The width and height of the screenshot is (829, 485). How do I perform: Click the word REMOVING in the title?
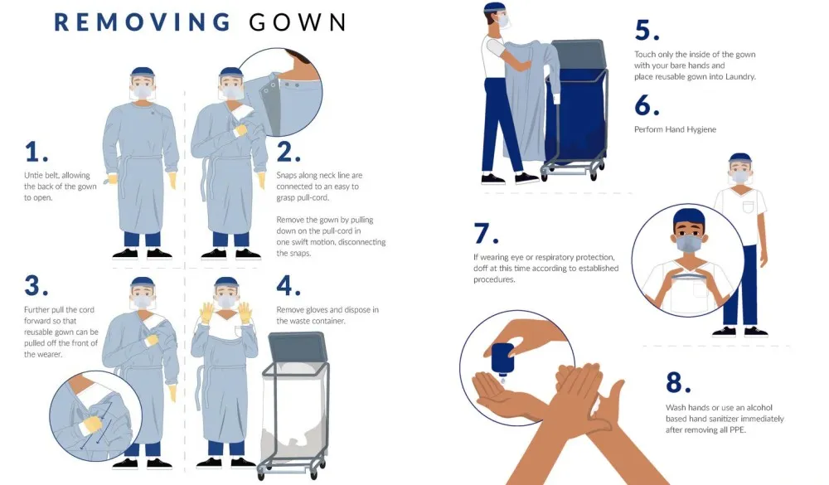(x=143, y=22)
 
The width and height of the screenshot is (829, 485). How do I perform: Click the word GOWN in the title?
(x=298, y=22)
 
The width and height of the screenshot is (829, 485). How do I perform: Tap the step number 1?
(x=36, y=152)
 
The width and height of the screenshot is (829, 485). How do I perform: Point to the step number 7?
(x=488, y=233)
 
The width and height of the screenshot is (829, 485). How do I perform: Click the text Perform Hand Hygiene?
(x=675, y=129)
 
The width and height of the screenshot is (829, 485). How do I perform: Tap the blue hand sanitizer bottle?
(x=502, y=357)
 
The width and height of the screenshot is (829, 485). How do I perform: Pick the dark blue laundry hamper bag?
(x=577, y=116)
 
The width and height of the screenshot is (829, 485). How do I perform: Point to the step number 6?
(x=647, y=105)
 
